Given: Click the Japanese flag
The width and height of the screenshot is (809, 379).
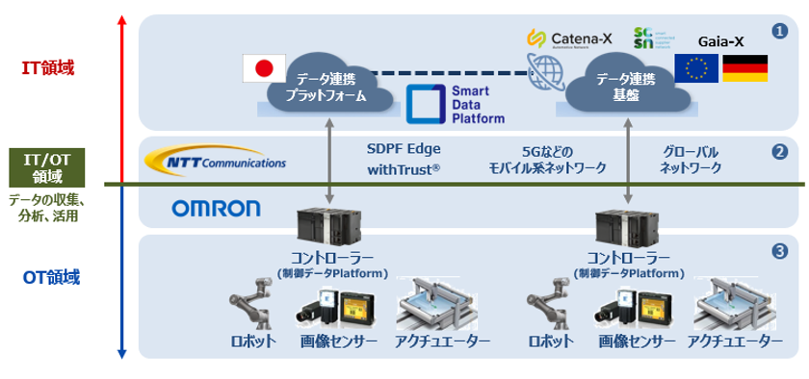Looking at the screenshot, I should coord(263,68).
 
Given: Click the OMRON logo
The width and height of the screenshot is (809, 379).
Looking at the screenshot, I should coord(216,208).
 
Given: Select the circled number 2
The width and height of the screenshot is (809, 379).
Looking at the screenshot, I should coord(779,151).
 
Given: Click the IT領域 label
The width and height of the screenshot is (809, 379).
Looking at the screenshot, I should coord(48,68).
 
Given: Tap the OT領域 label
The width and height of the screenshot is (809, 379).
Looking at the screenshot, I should coord(51,278).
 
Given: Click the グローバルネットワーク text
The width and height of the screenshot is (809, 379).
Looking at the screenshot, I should coord(691,160).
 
